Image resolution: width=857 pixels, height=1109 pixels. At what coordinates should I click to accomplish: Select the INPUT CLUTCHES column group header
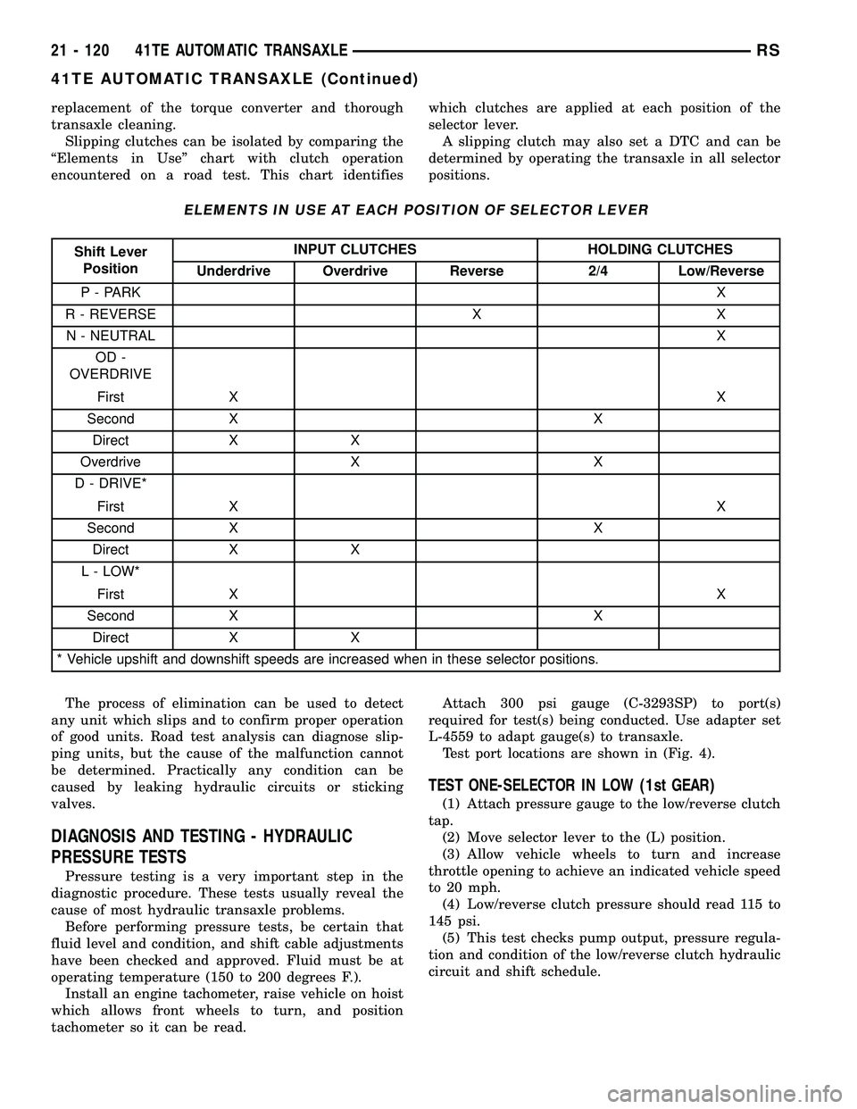[x=354, y=249]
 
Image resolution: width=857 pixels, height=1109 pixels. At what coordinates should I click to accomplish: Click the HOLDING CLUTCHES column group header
[x=659, y=249]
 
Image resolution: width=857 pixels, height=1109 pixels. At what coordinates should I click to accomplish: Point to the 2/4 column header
[x=598, y=271]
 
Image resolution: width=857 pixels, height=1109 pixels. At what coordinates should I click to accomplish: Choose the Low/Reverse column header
[x=720, y=271]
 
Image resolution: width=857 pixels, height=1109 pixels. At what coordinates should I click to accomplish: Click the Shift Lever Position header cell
[x=112, y=260]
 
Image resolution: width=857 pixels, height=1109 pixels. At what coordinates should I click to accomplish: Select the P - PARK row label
[x=111, y=292]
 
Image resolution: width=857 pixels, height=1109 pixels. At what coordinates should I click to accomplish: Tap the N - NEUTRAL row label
[x=111, y=336]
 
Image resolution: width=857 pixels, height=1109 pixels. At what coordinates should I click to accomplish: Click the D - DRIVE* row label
[x=111, y=484]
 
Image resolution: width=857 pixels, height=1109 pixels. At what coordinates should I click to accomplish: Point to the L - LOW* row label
[x=111, y=571]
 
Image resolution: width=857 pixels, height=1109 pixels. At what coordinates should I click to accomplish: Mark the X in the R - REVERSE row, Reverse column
[x=477, y=314]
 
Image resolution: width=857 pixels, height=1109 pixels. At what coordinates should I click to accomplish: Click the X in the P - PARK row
[x=720, y=292]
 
